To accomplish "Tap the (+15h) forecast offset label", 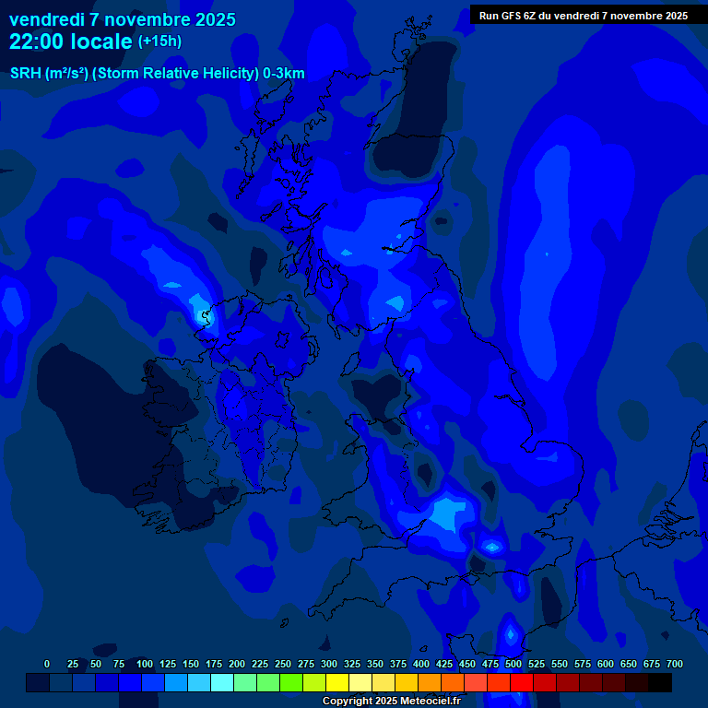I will point(159,41).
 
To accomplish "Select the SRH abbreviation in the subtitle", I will point(26,74).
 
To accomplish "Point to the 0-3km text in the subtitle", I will point(284,74).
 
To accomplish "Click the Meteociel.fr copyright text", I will point(391,702).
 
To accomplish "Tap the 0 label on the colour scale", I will point(47,664).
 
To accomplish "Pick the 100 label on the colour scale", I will point(145,664).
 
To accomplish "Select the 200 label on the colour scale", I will point(237,664).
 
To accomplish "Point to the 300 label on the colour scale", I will point(329,664).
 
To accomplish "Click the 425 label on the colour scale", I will point(444,664).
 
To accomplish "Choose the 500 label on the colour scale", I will point(513,664).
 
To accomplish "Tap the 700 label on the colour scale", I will point(675,664).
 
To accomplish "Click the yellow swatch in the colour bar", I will point(336,683).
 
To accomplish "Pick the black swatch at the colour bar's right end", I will point(660,683).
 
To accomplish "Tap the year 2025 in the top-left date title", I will point(210,19).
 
